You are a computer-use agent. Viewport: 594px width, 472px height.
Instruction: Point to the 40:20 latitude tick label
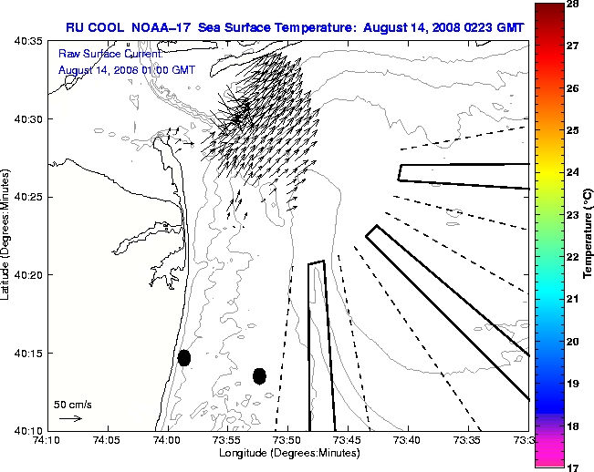tap(30, 274)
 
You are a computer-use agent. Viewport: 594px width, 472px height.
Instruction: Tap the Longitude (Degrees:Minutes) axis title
tap(287, 454)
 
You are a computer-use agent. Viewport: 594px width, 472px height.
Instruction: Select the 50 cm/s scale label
tap(73, 404)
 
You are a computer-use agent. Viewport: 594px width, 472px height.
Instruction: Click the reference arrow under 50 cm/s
tap(70, 418)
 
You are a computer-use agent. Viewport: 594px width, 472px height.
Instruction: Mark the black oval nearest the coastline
tap(184, 357)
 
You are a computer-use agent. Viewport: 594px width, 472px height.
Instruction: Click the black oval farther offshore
tap(259, 375)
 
